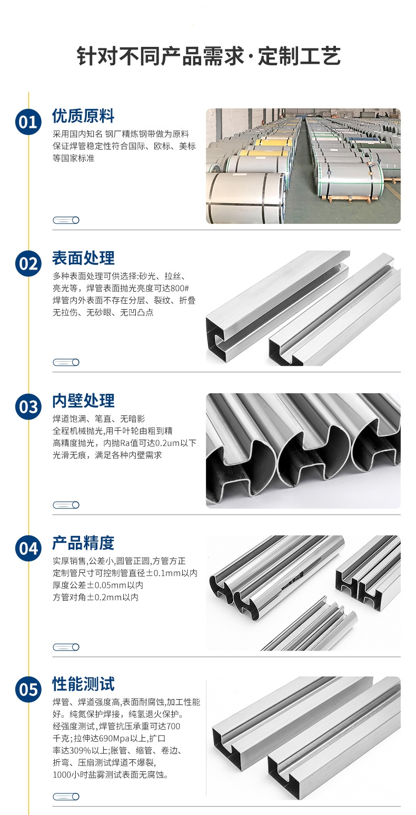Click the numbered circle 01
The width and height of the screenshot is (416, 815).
click(28, 122)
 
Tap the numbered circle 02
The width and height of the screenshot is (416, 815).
click(28, 264)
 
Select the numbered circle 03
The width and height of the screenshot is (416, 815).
click(28, 406)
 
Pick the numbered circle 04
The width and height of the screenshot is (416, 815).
click(28, 548)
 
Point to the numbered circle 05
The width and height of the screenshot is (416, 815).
click(28, 690)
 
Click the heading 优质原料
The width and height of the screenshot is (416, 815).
click(83, 116)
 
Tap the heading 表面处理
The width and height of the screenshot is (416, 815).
click(83, 259)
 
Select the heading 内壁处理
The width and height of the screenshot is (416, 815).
click(83, 401)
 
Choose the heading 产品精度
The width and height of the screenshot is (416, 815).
click(83, 543)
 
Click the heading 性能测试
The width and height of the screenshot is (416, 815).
click(83, 684)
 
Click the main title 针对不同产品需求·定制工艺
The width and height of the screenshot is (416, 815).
click(209, 56)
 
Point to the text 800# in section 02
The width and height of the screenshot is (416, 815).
click(180, 289)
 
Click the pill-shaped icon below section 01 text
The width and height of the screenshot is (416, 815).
click(66, 220)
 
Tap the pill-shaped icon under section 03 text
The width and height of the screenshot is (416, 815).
click(66, 505)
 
